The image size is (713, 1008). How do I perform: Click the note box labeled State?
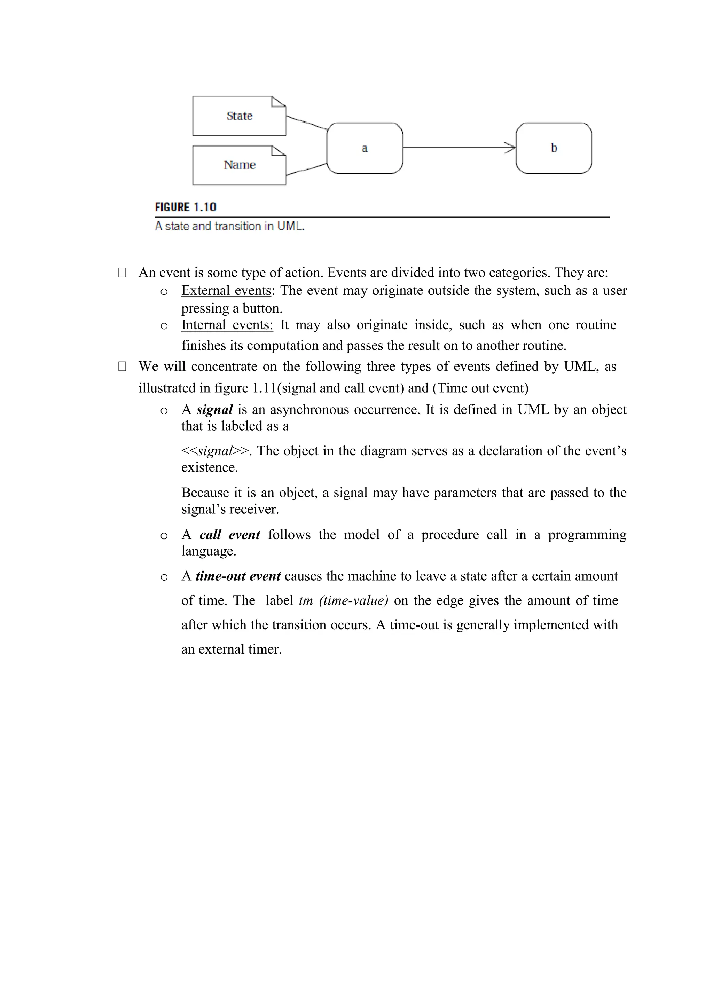tap(239, 116)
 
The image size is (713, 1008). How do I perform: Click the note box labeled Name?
tap(239, 165)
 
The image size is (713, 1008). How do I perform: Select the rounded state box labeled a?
tap(365, 148)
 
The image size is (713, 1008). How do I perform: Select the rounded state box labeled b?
tap(554, 148)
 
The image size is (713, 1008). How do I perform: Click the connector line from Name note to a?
tap(306, 169)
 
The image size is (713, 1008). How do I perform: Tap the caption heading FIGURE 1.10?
tap(185, 207)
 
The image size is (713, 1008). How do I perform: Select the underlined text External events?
tap(226, 291)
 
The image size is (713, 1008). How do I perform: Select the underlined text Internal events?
tap(227, 325)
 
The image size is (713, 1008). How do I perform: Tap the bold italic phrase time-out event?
tap(238, 576)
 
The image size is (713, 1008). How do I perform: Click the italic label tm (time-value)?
tap(343, 600)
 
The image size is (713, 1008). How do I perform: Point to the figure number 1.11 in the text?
tap(264, 388)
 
